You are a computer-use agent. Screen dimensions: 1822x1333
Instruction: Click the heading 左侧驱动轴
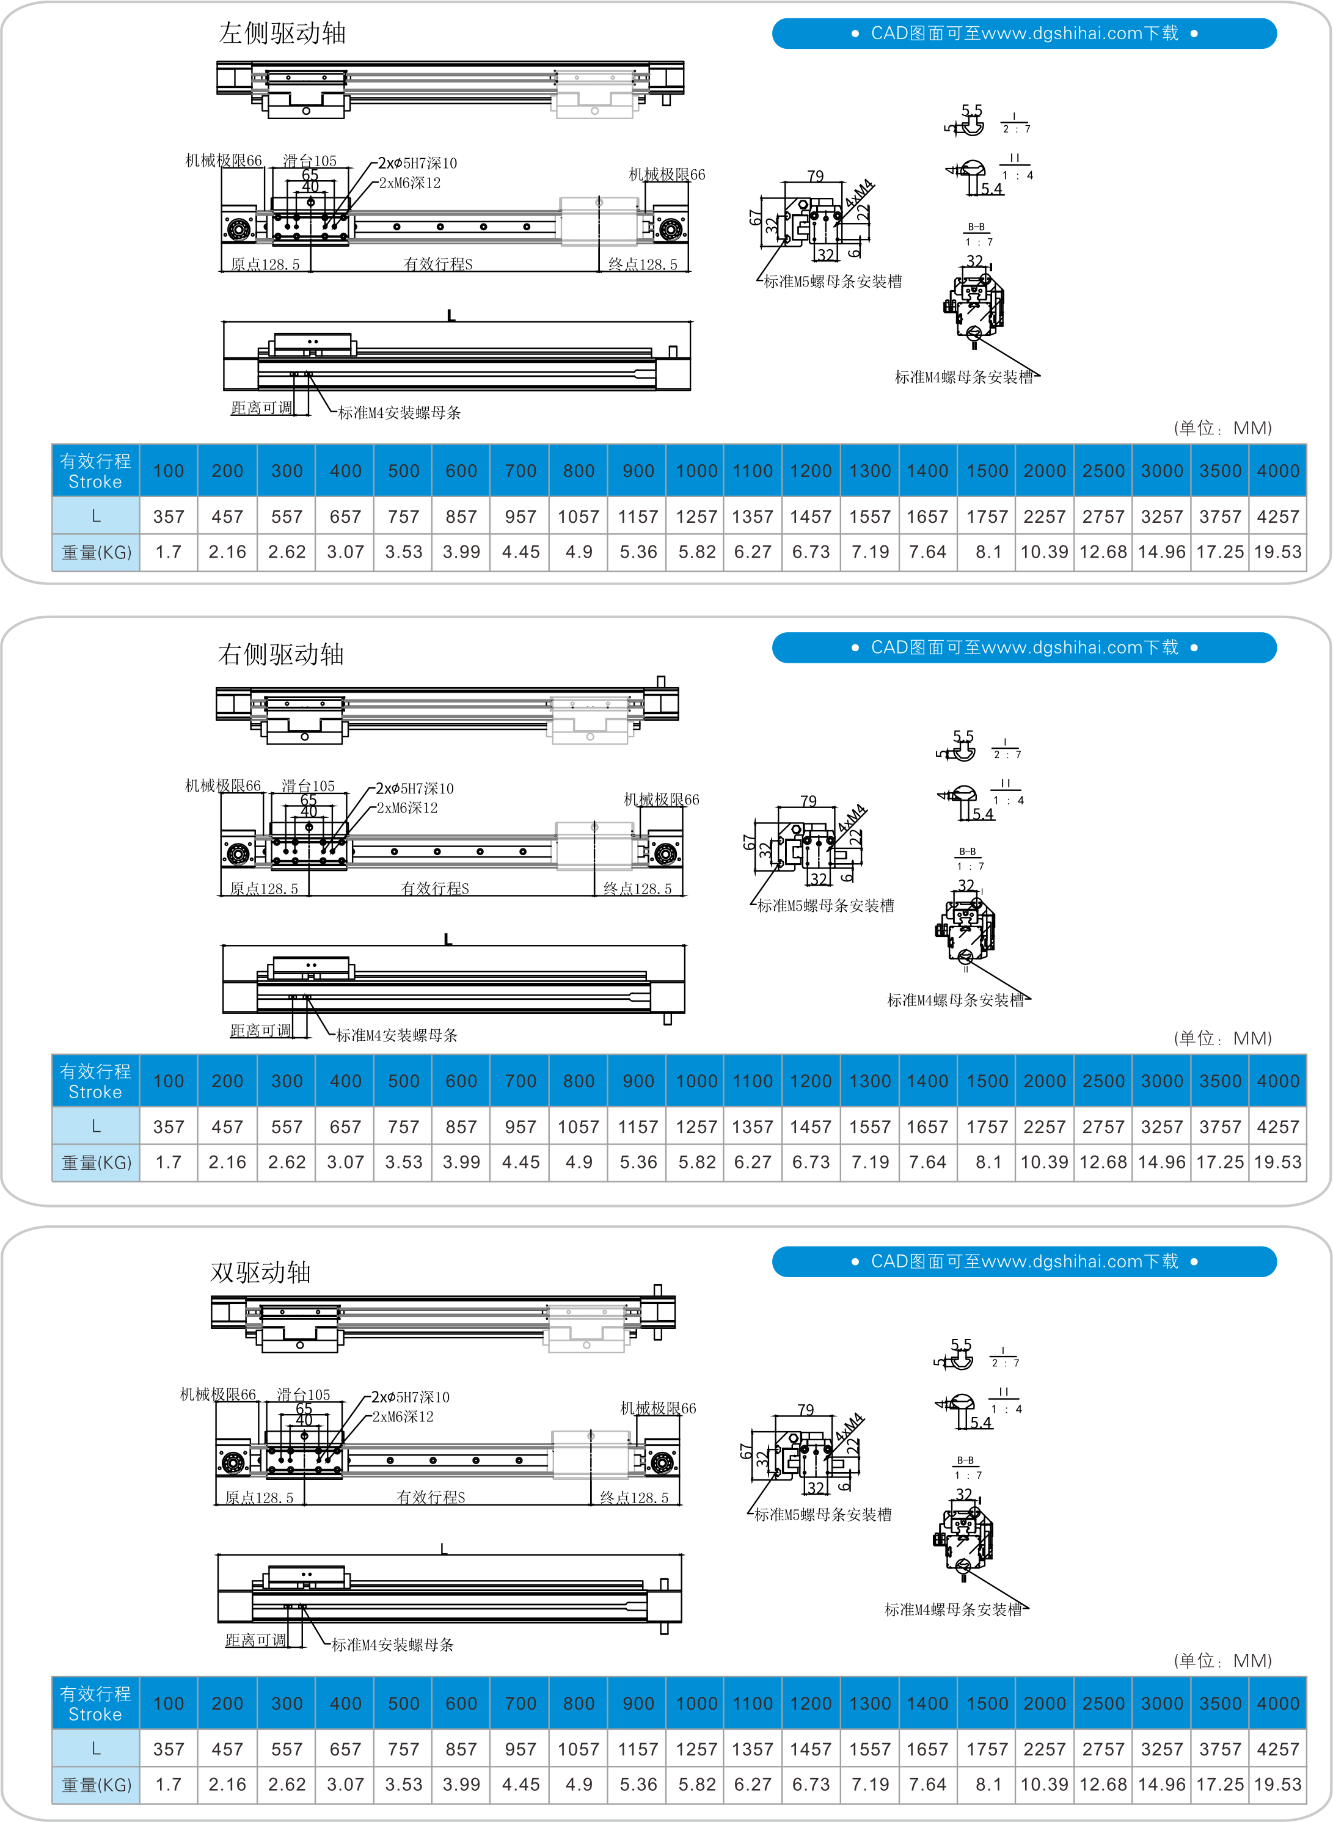tap(282, 33)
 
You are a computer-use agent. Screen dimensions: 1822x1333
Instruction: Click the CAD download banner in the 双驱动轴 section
tap(1023, 1261)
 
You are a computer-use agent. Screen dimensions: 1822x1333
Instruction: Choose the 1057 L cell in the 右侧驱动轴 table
tap(579, 1127)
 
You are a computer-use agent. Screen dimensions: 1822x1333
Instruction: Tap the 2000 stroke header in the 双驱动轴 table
tap(1044, 1704)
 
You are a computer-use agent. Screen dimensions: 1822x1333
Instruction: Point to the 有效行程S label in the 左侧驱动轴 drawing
tap(437, 264)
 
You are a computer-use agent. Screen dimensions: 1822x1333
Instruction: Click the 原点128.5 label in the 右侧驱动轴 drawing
tap(264, 889)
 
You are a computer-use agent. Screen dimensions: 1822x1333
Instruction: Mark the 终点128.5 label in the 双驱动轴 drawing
tap(634, 1498)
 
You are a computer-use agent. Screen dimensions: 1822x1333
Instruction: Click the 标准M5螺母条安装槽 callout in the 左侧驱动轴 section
tap(833, 282)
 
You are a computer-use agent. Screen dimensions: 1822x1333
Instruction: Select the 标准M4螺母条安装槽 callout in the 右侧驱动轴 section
tap(955, 1000)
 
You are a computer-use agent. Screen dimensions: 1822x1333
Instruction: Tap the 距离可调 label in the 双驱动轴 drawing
tap(256, 1640)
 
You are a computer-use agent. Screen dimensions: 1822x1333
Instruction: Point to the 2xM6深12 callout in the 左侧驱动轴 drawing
tap(410, 183)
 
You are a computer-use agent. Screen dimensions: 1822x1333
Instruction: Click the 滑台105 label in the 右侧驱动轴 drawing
tap(307, 785)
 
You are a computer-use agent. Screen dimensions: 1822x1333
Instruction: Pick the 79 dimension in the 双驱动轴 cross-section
tap(805, 1409)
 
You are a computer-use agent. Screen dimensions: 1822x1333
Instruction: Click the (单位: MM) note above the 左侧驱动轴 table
tap(1222, 428)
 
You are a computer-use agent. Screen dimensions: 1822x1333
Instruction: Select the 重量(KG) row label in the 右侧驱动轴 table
tap(96, 1163)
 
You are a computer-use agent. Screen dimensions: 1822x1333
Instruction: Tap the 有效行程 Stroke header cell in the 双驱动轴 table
tap(95, 1704)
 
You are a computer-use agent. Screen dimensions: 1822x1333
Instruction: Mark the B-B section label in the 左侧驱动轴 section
tap(976, 227)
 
